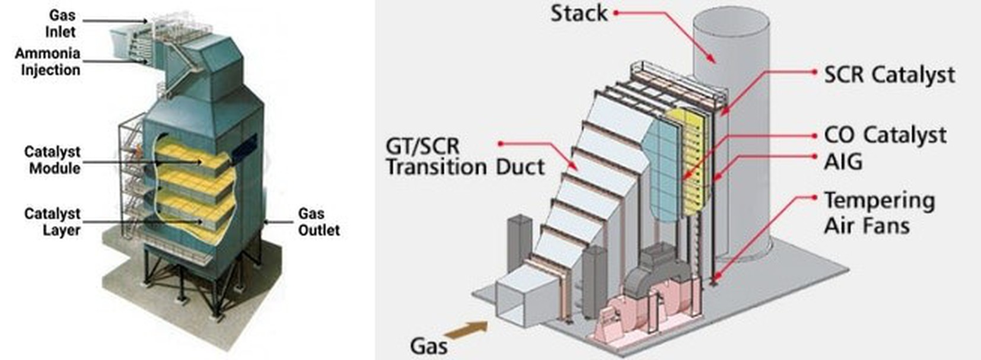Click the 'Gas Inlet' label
62,23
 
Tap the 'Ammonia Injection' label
47,62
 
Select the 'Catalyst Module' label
52,160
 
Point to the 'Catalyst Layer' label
52,222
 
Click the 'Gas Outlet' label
318,222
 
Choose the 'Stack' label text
578,13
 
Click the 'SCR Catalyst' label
889,75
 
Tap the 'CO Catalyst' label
885,135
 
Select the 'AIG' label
843,162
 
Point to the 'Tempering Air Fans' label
879,213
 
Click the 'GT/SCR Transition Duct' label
464,157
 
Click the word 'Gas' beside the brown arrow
428,346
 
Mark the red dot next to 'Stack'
616,12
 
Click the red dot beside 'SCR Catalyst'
815,72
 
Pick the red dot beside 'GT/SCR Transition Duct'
501,144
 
